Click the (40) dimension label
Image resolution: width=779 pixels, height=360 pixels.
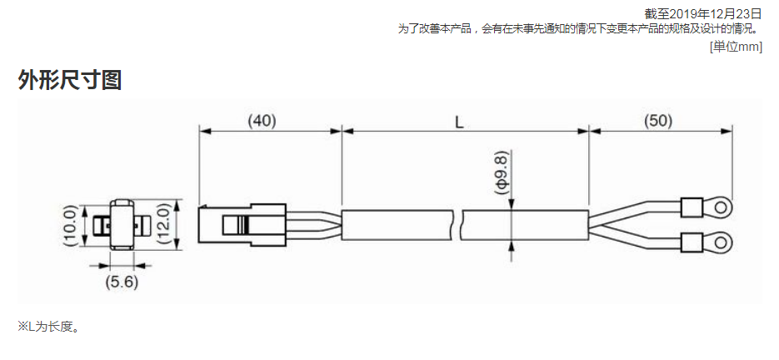[262, 122]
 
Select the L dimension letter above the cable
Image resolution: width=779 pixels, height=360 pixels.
[459, 122]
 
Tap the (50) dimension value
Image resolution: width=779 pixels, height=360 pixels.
[658, 122]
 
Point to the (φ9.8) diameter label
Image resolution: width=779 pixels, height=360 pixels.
[502, 172]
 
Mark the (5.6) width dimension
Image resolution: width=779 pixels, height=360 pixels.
[122, 282]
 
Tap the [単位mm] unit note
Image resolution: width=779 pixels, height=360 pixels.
[736, 47]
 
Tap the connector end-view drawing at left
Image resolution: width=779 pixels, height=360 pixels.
[122, 225]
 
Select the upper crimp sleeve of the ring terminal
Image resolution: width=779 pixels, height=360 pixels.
[691, 205]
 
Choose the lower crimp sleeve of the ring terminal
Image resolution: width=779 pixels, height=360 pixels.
[691, 242]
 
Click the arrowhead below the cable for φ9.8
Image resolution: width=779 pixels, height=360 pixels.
[510, 246]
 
